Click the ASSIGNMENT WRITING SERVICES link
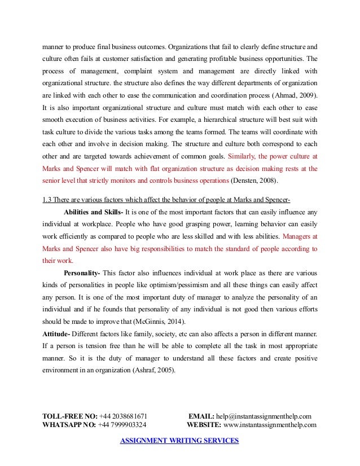pyautogui.click(x=179, y=441)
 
